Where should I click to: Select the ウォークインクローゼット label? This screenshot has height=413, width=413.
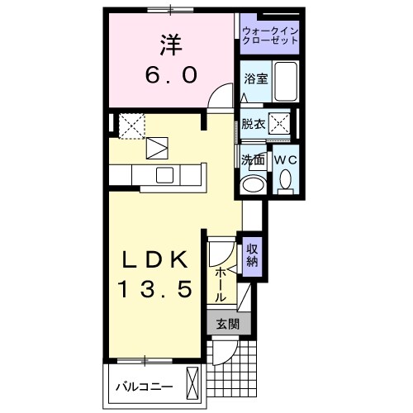[x=270, y=36]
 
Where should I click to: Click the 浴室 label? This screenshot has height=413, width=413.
[x=254, y=79]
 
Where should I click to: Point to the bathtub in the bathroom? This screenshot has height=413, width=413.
[x=284, y=82]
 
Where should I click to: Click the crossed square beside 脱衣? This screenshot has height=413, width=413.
[x=281, y=125]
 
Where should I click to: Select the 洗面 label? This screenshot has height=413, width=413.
[x=253, y=159]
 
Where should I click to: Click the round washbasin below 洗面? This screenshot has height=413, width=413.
[x=252, y=183]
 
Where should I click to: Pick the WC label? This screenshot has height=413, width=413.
[x=285, y=159]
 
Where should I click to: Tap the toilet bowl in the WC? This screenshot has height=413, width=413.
[x=286, y=179]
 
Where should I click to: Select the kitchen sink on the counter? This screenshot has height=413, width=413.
[x=164, y=174]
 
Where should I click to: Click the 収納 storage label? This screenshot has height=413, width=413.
[x=253, y=256]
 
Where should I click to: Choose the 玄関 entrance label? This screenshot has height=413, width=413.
[x=225, y=325]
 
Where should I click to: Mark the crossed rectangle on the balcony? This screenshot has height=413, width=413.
[x=193, y=385]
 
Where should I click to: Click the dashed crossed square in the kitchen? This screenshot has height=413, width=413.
[x=131, y=126]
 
